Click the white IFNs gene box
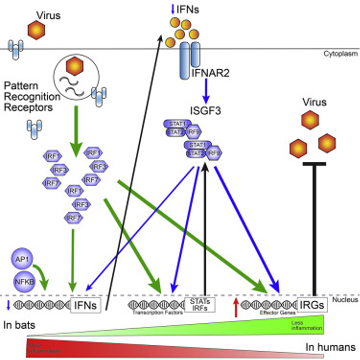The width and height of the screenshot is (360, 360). point(86,305)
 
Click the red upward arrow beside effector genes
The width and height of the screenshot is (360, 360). point(237,305)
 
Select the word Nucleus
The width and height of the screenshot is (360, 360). point(345,299)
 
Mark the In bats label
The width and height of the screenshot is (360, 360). point(19,324)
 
